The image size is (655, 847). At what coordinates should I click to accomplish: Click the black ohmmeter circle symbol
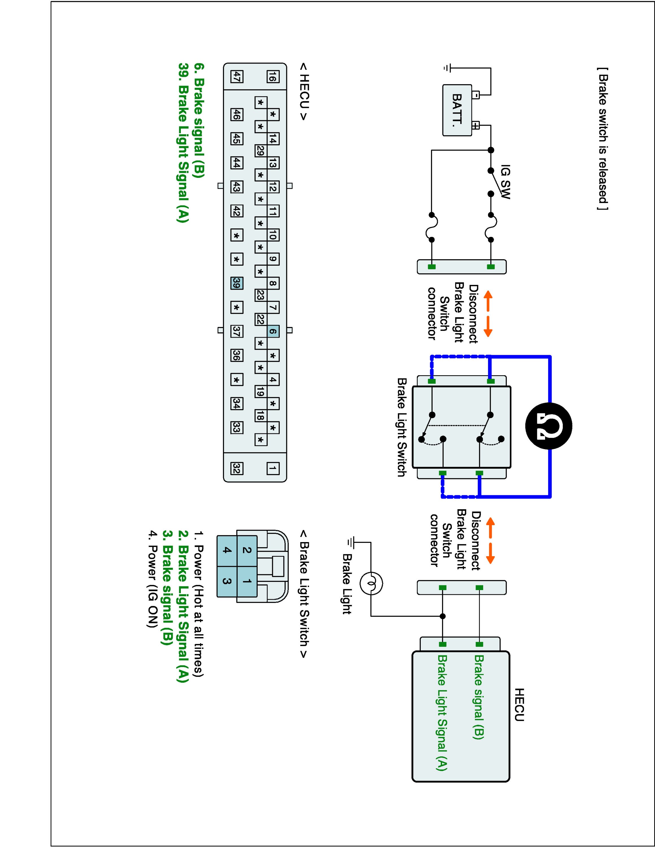[548, 426]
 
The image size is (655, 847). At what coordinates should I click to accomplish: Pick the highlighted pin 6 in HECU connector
[273, 331]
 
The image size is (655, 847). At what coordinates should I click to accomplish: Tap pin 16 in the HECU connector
[273, 77]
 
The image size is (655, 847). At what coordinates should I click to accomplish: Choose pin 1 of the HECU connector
[273, 468]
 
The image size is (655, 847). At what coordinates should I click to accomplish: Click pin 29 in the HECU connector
[260, 150]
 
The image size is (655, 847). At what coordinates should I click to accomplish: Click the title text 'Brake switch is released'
[603, 138]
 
